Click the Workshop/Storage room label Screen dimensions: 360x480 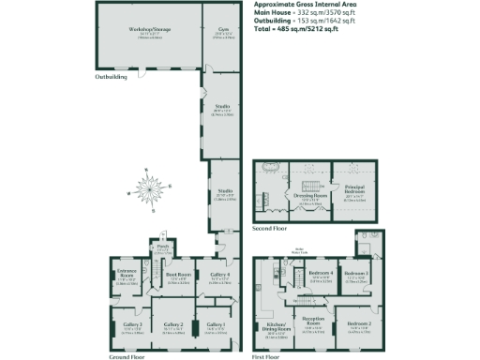point(143,30)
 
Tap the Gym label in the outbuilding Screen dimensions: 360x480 point(223,30)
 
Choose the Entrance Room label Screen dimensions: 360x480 point(125,277)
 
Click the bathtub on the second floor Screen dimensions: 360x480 point(273,172)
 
